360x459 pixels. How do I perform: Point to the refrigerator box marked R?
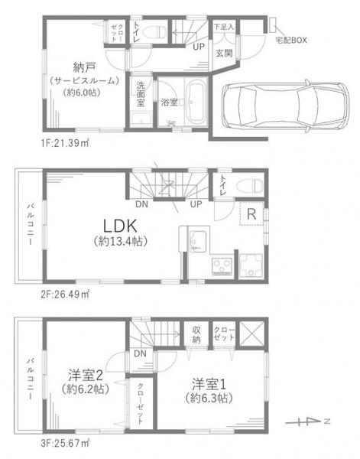250,214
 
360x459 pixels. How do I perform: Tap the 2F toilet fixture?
250,184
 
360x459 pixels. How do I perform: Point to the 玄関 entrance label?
223,53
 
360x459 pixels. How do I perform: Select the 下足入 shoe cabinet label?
222,26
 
